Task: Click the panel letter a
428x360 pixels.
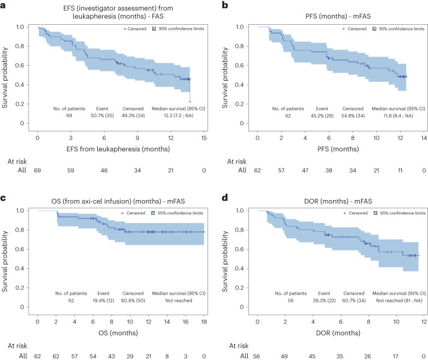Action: point(6,5)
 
